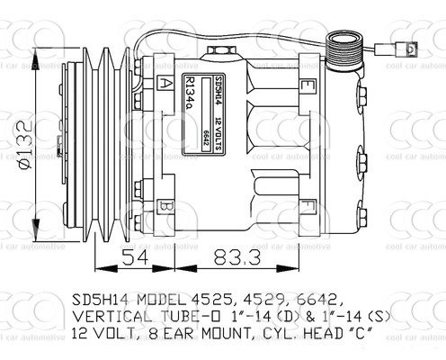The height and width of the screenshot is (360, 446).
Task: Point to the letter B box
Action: pos(165,207)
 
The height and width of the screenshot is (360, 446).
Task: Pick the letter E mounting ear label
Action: pos(308,86)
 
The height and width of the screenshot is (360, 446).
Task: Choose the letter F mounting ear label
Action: pos(308,203)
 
